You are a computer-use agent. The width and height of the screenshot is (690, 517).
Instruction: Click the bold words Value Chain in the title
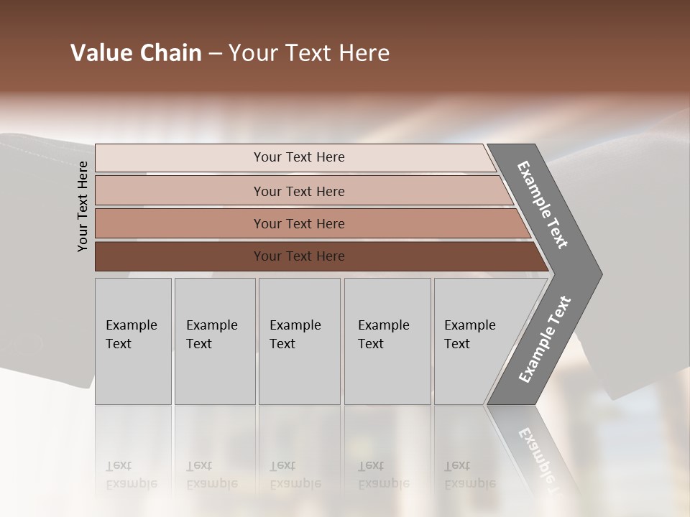[x=136, y=53]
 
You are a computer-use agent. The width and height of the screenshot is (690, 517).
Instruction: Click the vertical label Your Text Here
[x=83, y=206]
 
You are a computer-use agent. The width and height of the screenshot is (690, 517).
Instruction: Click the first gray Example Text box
[x=133, y=341]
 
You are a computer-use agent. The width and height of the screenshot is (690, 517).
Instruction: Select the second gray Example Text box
[x=214, y=341]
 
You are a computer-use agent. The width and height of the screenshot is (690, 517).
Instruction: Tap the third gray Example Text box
[x=299, y=341]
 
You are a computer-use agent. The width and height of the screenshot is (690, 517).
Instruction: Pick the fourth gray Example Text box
[x=387, y=341]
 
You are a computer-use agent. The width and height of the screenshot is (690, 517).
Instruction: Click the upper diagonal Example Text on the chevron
[x=543, y=205]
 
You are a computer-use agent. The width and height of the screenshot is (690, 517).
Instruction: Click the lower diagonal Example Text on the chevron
[x=544, y=340]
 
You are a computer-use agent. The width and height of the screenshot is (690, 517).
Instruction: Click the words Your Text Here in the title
[x=309, y=53]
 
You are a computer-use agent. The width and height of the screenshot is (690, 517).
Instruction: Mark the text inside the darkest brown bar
[x=299, y=256]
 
